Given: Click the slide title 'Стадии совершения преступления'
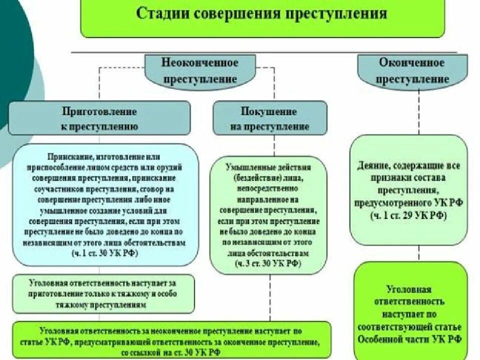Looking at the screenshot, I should [x=262, y=13].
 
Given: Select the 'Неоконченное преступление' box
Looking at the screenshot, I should [x=199, y=71].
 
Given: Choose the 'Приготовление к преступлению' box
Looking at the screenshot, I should [x=99, y=118].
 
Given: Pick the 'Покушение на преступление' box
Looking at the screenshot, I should [x=269, y=118].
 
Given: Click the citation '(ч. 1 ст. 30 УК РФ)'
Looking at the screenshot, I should [x=104, y=252].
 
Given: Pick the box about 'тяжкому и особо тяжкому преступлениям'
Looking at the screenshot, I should [x=102, y=293].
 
